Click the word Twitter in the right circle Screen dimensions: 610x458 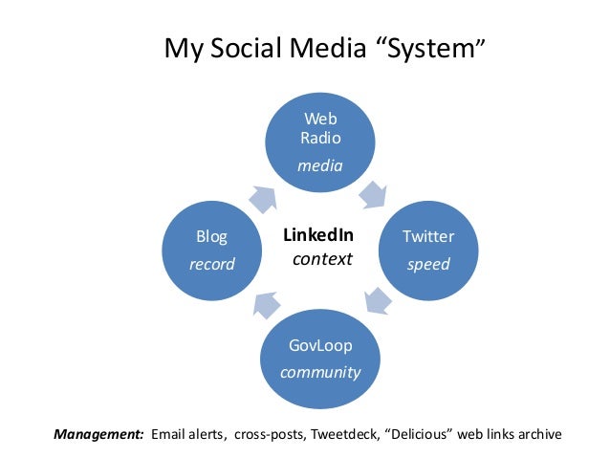pos(427,236)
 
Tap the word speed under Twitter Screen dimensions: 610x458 pos(427,264)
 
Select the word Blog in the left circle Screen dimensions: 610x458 pos(211,236)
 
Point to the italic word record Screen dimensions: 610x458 pos(211,264)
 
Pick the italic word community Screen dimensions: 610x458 pos(320,372)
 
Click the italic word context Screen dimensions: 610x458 pos(322,259)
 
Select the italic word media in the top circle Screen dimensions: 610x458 pos(319,165)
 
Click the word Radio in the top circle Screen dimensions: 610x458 pos(319,137)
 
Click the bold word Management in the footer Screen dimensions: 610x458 pos(98,435)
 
